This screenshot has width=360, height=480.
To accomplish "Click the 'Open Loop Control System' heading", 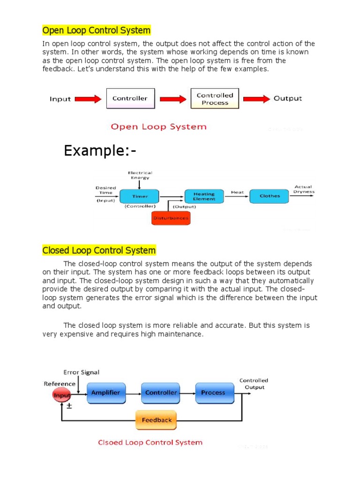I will point(97,30).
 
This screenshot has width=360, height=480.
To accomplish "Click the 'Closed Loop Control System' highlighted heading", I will point(99,250).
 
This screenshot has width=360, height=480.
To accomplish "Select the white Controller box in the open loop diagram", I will point(130,98).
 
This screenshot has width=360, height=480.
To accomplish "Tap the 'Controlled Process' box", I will point(215,98).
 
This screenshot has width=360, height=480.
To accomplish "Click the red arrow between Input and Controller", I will point(89,99).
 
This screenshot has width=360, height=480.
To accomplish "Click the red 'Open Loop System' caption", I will point(158,127).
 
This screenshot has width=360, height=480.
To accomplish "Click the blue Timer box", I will point(139,196).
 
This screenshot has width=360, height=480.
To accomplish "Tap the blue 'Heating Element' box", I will point(204,196).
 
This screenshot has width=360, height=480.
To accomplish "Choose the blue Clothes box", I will point(270,196).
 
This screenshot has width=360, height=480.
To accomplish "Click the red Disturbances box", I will point(171,218).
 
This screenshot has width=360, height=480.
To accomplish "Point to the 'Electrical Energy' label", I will point(140,175).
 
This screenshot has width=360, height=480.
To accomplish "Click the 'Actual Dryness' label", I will point(303,189).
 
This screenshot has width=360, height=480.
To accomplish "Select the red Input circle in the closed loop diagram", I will point(62,395).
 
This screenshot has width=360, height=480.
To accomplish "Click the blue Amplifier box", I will point(106,393).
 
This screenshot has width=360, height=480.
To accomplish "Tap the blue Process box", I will point(213,393).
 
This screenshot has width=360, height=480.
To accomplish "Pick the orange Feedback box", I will point(157,420).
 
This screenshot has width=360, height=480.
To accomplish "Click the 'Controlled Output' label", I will point(254,384).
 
